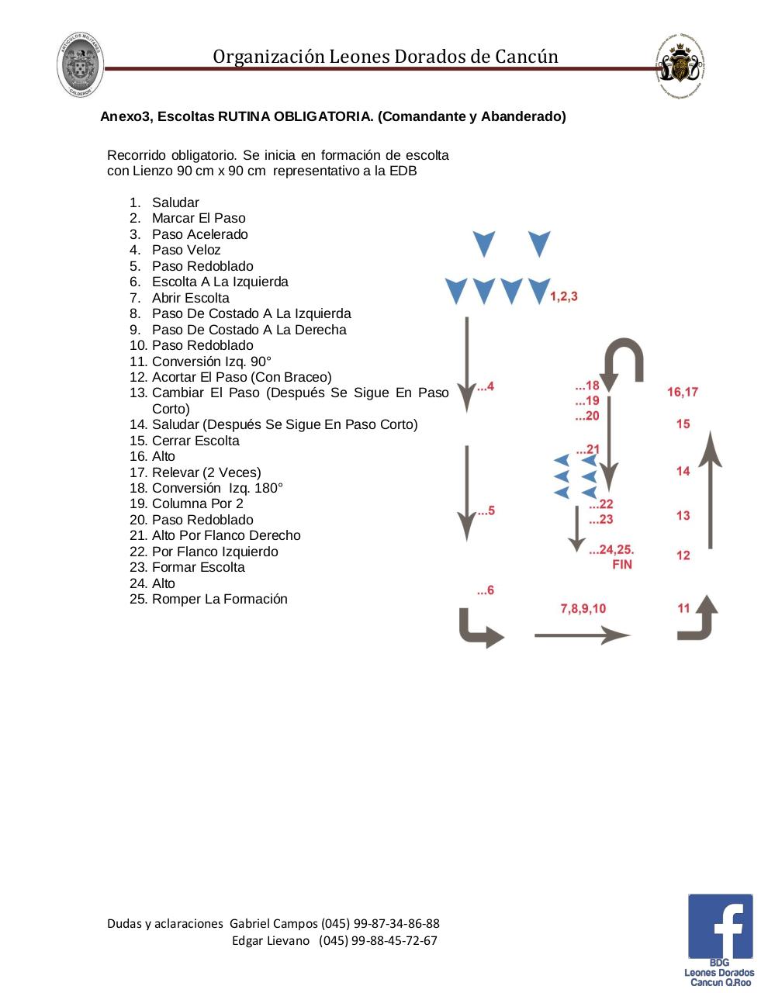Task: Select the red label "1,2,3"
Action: [564, 296]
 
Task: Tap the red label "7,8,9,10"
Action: [583, 608]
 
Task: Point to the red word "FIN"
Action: [622, 565]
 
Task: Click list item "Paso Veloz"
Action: [186, 250]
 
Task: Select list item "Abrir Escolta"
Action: [190, 298]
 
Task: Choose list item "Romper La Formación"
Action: [220, 599]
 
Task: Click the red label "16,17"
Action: [683, 392]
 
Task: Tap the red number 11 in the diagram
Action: [683, 608]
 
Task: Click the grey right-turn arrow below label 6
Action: [479, 628]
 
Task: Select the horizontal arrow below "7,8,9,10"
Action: [582, 635]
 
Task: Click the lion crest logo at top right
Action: [680, 67]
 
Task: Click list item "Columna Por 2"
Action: [197, 503]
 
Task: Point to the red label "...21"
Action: [587, 449]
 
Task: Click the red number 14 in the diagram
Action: [683, 471]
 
